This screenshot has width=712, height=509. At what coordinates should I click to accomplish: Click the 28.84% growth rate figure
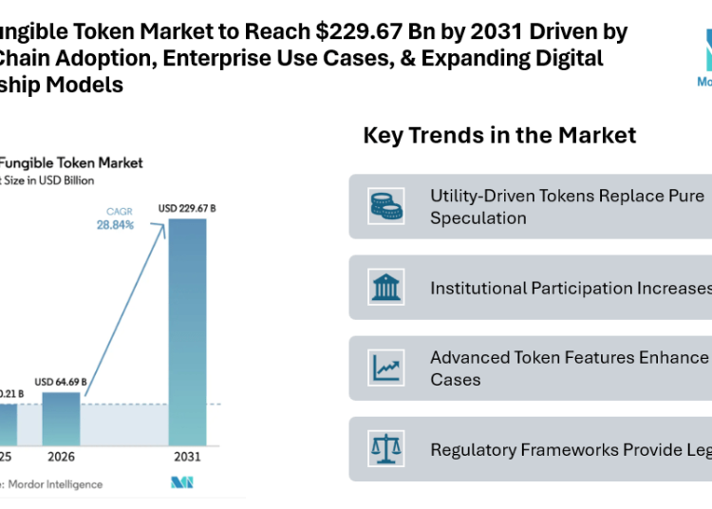(114, 225)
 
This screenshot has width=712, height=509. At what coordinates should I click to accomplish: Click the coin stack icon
(385, 205)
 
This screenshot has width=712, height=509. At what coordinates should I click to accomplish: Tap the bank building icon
(385, 287)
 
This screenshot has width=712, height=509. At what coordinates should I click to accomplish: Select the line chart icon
(385, 368)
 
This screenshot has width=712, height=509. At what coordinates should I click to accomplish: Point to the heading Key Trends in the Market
(499, 136)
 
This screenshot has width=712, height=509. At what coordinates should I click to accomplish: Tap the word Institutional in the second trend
(478, 288)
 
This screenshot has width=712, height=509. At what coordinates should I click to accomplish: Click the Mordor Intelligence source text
(57, 484)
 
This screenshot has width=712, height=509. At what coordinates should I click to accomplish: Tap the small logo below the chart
(180, 483)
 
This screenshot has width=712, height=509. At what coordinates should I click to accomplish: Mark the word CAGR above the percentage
(119, 211)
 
